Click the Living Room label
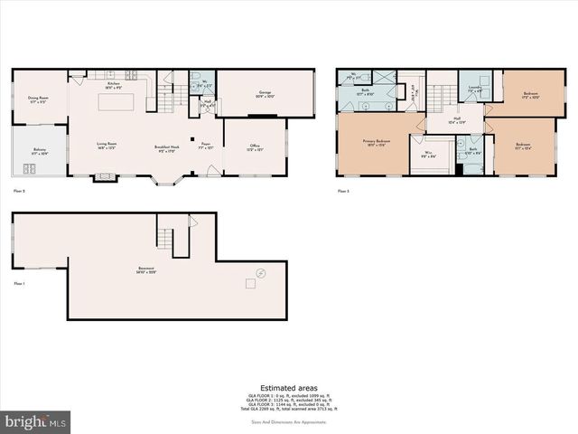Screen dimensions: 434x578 pyautogui.click(x=107, y=145)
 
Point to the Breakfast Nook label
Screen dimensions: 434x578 pyautogui.click(x=166, y=149)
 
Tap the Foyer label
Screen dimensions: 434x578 pyautogui.click(x=206, y=145)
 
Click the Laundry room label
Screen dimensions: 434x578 pyautogui.click(x=475, y=90)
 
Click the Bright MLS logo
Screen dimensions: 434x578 pyautogui.click(x=36, y=421)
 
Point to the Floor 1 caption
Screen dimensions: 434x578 pyautogui.click(x=19, y=283)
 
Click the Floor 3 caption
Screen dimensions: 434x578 pyautogui.click(x=343, y=192)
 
